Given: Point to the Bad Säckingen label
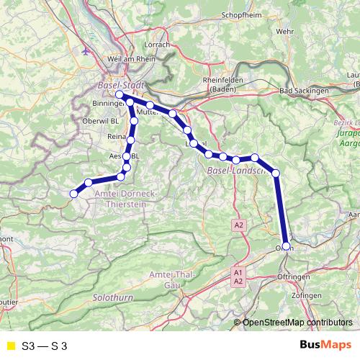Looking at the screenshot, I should click(x=304, y=91).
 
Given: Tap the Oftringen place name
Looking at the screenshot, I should click(x=295, y=277).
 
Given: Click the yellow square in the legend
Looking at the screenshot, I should click(x=10, y=346).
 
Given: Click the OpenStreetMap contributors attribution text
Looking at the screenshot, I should click(x=297, y=322).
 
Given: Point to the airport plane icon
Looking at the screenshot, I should click(x=88, y=51).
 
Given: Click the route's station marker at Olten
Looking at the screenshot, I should click(x=287, y=246).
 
